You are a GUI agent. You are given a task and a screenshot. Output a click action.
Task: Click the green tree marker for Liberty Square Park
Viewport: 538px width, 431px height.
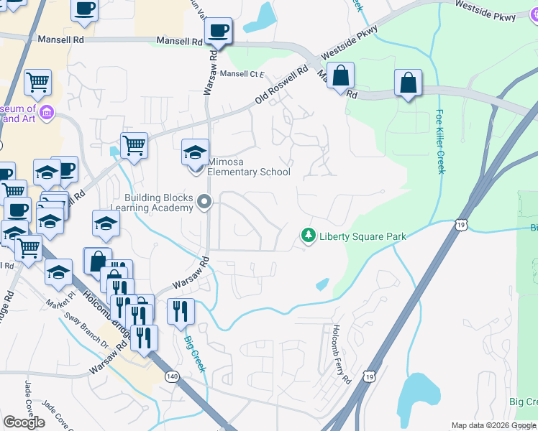point(308,236)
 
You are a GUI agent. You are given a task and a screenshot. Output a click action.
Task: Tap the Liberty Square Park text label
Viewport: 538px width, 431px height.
point(363,236)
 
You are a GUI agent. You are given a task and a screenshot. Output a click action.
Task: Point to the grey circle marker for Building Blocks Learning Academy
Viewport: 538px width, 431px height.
point(205,203)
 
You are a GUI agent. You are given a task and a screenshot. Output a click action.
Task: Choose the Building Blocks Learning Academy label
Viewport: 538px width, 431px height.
point(159,203)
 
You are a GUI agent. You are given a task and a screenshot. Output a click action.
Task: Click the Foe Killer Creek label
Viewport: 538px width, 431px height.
point(440,142)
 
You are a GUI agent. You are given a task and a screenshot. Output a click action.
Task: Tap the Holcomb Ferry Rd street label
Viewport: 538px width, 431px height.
point(342,353)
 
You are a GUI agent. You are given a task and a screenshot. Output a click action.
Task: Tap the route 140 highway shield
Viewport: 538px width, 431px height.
point(172,376)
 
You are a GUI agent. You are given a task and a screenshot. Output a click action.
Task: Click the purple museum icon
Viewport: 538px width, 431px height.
point(47,113)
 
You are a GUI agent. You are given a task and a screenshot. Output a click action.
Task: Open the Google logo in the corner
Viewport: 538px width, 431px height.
point(24,422)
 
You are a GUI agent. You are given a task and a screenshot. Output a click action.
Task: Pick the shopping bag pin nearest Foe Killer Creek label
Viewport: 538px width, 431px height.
point(409,83)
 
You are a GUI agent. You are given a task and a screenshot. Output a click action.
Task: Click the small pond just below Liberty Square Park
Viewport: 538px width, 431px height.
point(323,284)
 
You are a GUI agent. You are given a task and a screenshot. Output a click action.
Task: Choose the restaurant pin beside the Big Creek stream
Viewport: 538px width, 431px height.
point(181,312)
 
